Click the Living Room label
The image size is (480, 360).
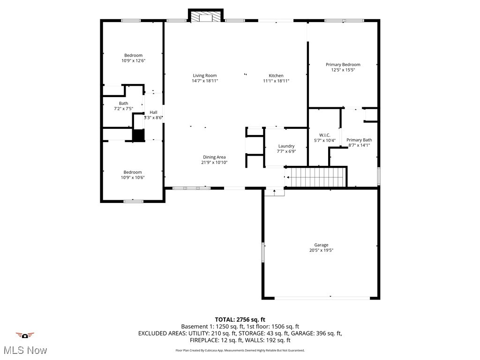tap(205, 75)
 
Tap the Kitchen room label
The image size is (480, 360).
tap(276, 75)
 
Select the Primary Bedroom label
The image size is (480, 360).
tap(343, 65)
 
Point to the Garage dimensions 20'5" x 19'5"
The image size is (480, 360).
tap(321, 250)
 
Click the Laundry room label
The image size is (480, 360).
tap(286, 146)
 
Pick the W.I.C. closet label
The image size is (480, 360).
tap(325, 135)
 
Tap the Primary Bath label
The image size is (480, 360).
tap(359, 140)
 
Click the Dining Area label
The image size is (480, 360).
tap(215, 157)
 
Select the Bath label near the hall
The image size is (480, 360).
tap(123, 103)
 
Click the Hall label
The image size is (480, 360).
tap(153, 112)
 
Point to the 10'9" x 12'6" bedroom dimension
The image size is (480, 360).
tap(133, 61)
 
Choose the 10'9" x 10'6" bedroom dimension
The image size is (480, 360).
tap(133, 178)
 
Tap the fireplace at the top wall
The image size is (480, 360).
tap(205, 16)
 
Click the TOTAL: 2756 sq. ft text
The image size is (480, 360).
tap(240, 320)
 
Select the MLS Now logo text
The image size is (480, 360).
tap(25, 350)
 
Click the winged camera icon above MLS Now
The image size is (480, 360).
tap(25, 335)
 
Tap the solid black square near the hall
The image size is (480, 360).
tap(138, 135)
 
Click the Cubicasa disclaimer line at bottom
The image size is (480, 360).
tap(240, 350)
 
